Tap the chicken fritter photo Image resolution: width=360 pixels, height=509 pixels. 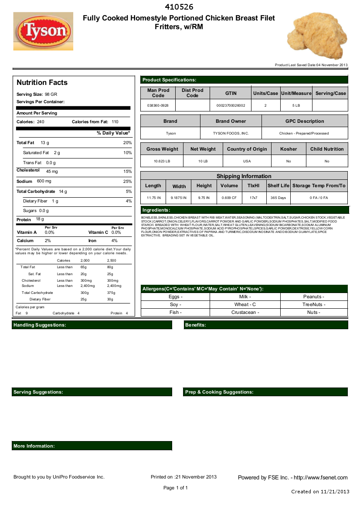(317, 36)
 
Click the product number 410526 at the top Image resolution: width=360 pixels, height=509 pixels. (180, 7)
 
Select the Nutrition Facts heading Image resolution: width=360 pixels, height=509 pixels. (42, 82)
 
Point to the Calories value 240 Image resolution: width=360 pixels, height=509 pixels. (41, 122)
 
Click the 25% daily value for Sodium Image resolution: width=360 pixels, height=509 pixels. (127, 181)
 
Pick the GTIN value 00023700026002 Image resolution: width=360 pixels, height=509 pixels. (231, 105)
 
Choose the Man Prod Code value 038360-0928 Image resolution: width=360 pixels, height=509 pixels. (158, 105)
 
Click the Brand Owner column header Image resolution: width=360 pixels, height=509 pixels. (231, 121)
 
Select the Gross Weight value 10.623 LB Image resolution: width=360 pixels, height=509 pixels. (162, 161)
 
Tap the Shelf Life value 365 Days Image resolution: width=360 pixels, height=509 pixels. (278, 198)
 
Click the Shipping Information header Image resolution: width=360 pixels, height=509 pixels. (244, 176)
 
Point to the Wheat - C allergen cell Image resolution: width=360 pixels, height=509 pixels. (245, 304)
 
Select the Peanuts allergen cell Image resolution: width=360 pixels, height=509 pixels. (313, 297)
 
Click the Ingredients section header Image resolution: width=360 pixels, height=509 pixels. (156, 210)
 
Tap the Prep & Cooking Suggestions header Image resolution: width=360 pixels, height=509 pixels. (219, 392)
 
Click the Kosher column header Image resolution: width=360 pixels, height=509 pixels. (288, 149)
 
